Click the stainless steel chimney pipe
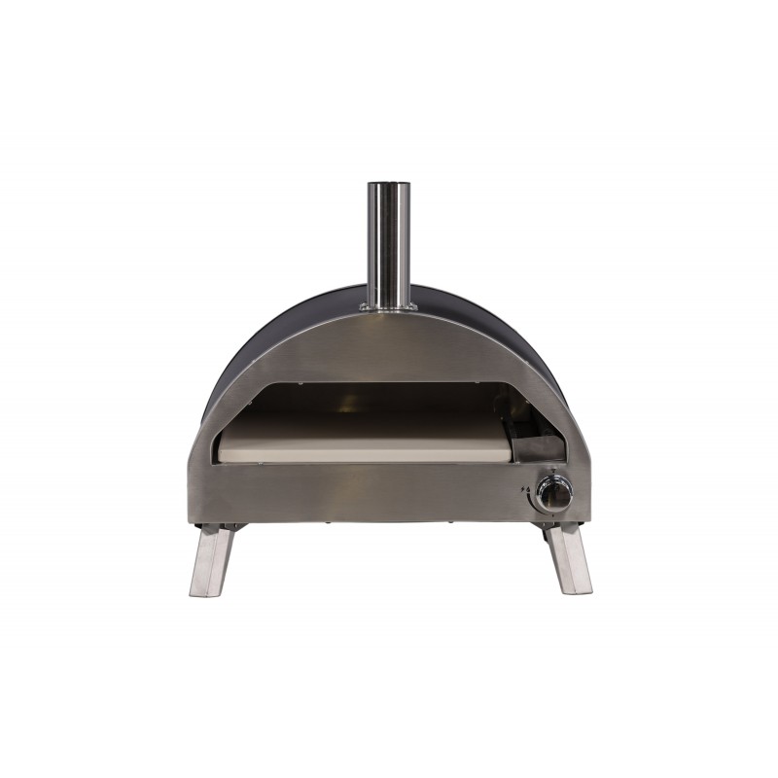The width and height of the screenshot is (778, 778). coord(388,243)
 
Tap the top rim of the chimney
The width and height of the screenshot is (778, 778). coord(388,184)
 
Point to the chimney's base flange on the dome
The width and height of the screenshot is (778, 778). coord(388,307)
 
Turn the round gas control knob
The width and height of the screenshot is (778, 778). coord(555,494)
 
